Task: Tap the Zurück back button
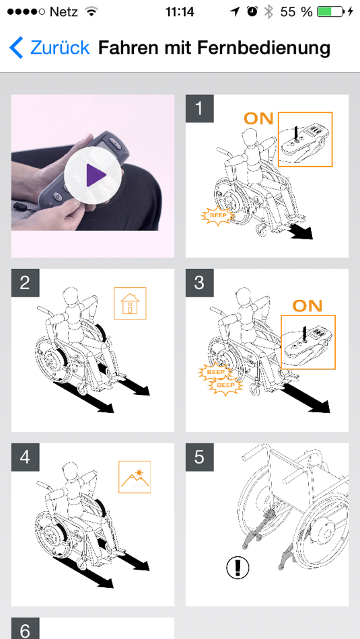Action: tap(49, 48)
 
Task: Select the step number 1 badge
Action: tap(199, 108)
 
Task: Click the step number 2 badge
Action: tap(25, 283)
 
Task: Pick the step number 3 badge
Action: tap(199, 283)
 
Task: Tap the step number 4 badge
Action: tap(25, 457)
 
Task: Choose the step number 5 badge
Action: tap(199, 457)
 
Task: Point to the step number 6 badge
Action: tap(25, 629)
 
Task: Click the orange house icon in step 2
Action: tap(130, 303)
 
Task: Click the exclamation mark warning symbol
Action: tap(238, 568)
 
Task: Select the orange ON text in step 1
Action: tap(258, 118)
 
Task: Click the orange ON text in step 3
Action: tap(308, 305)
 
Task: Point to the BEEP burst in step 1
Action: tap(217, 213)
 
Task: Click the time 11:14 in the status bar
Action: tap(180, 12)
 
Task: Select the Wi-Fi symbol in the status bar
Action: tap(92, 12)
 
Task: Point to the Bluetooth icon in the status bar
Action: tap(268, 12)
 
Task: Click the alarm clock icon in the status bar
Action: tap(252, 12)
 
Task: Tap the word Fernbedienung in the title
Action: tap(264, 48)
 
